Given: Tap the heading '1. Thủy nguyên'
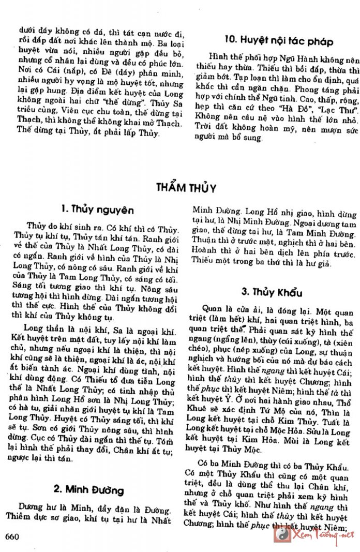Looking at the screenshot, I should [x=97, y=210].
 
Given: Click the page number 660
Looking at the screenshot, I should [x=12, y=536].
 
